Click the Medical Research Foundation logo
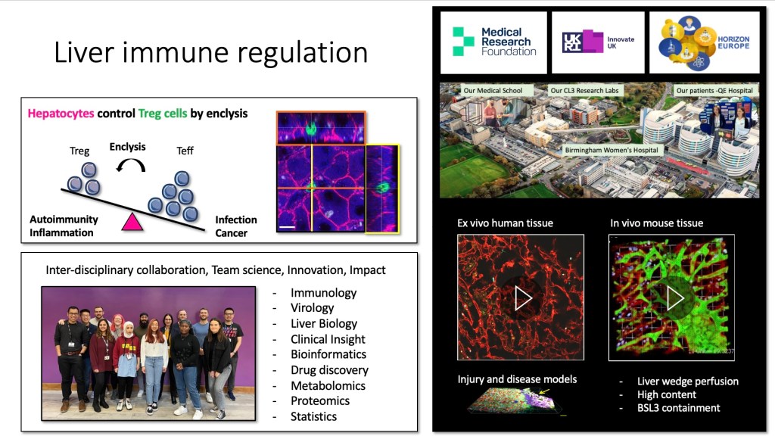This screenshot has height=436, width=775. point(493,42)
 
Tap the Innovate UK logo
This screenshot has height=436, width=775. point(598,42)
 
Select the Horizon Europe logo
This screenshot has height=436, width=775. point(705,42)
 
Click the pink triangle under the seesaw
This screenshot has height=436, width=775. point(132,222)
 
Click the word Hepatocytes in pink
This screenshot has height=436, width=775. point(61,114)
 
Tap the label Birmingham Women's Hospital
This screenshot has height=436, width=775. point(612,151)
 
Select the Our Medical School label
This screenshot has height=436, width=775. point(493,91)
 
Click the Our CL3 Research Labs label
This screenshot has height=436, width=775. point(584,91)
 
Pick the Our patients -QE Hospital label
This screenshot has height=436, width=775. point(714,91)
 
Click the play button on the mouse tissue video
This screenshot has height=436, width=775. point(674,297)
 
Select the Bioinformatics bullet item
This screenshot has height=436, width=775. point(328,354)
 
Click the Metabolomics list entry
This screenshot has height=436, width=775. point(328,385)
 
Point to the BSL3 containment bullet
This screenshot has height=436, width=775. point(678,408)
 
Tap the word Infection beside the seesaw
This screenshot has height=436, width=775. point(236,220)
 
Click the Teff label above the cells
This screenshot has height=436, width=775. point(185,151)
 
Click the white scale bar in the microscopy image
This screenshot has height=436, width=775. point(287,227)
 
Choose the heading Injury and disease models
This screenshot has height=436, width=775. point(517,379)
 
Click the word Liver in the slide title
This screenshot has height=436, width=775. point(85,52)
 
